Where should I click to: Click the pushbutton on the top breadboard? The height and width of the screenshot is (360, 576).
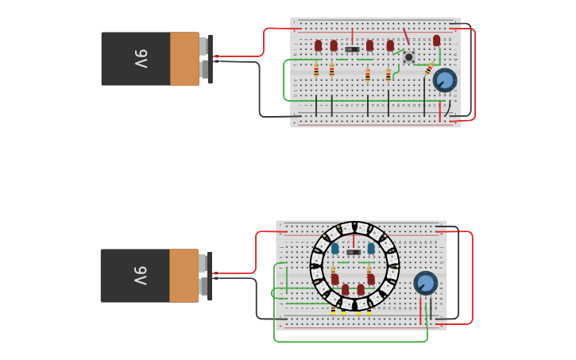coord(409,57)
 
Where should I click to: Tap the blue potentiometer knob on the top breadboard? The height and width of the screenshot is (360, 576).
coord(444,80)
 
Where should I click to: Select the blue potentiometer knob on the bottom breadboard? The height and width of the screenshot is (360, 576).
coord(425,283)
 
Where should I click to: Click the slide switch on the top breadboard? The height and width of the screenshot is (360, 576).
coord(352,49)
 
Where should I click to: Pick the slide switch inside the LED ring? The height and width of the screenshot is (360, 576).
coord(353,253)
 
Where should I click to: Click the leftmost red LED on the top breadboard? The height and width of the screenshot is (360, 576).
coord(319,45)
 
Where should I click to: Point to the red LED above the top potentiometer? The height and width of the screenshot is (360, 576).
coord(436,40)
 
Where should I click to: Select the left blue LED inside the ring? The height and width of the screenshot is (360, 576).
coord(335,249)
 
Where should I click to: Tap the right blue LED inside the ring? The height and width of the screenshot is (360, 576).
coord(371,249)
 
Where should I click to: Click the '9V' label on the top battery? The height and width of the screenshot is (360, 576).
coord(140,59)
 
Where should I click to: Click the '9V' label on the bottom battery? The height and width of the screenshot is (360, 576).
coord(140,276)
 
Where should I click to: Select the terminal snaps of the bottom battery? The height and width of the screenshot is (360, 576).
coord(206,276)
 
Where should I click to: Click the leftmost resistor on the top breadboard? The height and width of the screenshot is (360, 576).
coord(316,71)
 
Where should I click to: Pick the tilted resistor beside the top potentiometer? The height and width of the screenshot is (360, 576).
coord(430,68)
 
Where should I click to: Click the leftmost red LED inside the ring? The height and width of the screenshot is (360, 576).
coord(335,280)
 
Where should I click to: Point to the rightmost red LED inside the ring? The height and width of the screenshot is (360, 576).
coord(371,280)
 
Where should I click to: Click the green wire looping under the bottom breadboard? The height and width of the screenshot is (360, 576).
coord(350,342)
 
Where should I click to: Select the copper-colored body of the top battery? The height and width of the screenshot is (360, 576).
coord(184,59)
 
